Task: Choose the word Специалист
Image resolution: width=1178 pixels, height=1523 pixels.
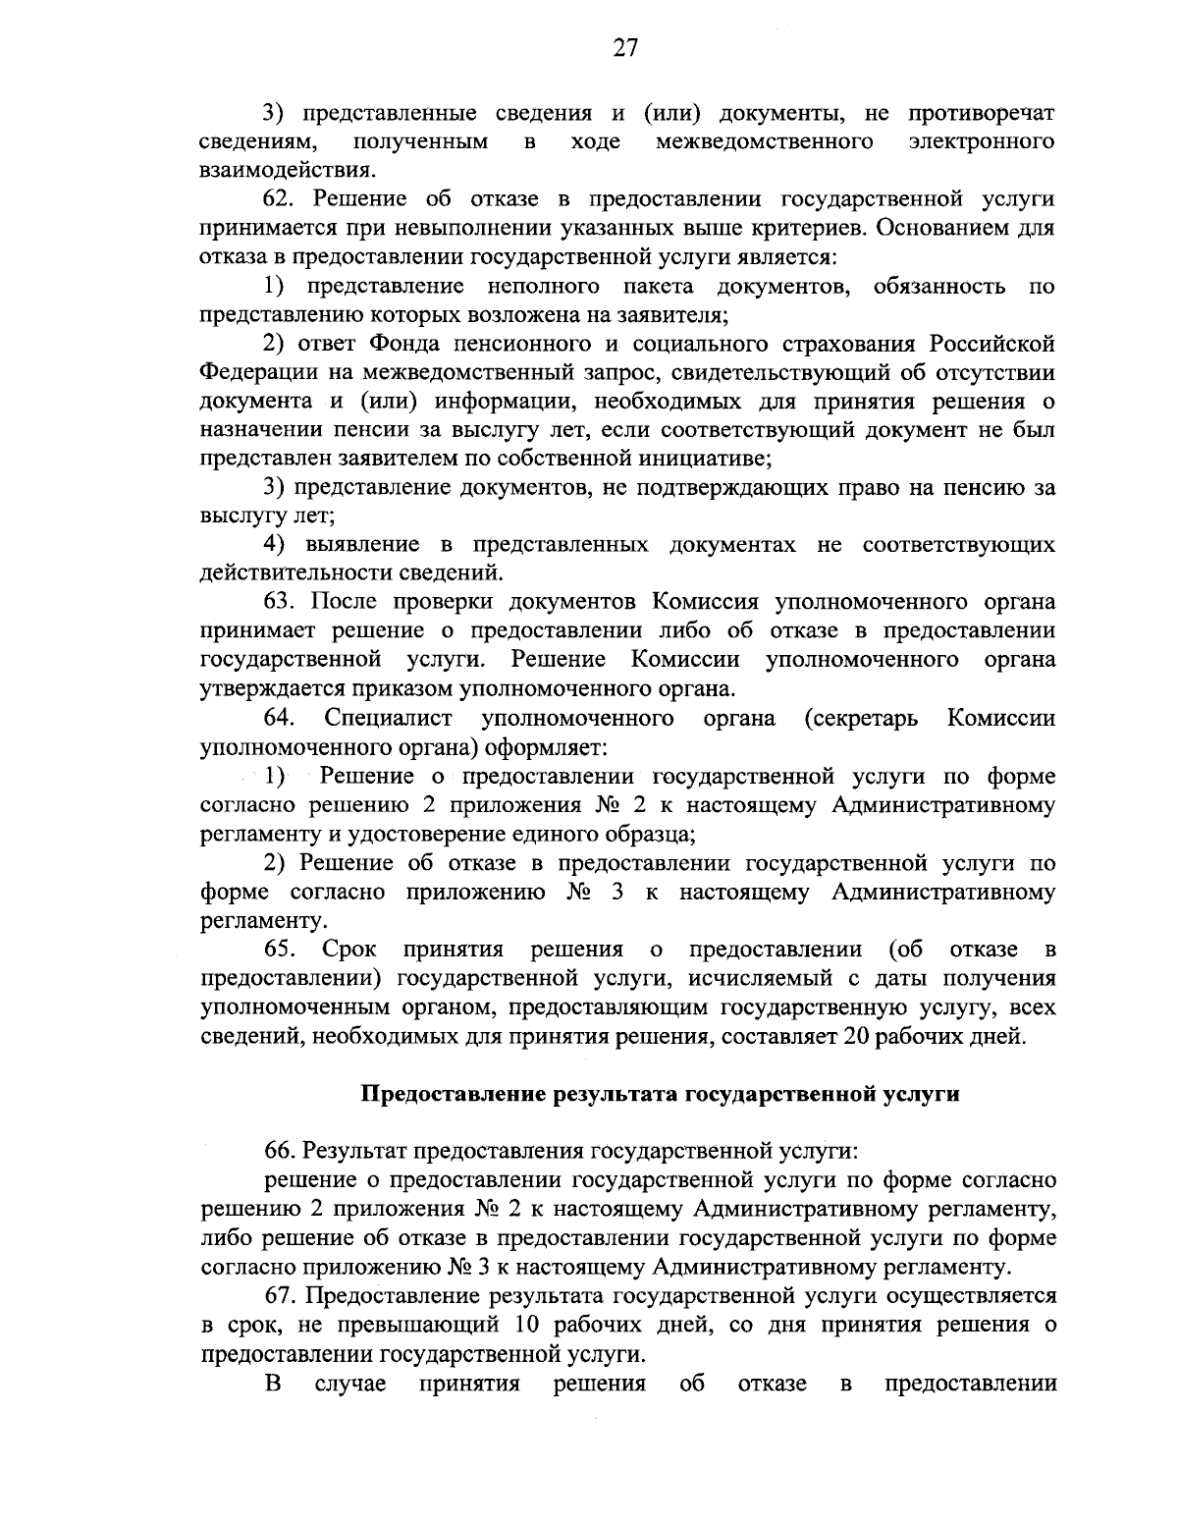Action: coord(388,718)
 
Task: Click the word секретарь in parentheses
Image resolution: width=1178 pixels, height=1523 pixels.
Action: coord(862,718)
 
